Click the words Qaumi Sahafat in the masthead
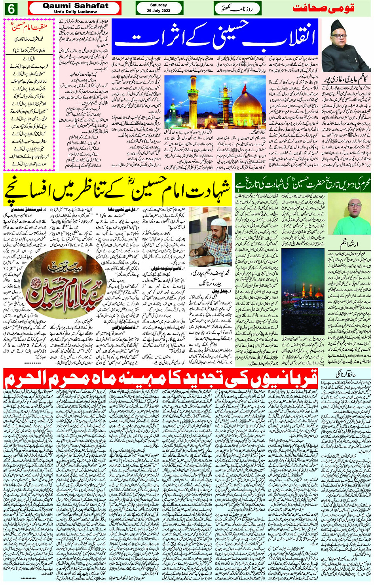click(x=75, y=6)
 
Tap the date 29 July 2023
click(x=159, y=11)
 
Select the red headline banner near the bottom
click(x=161, y=380)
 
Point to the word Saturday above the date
click(x=158, y=5)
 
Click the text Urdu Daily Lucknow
click(x=75, y=12)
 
